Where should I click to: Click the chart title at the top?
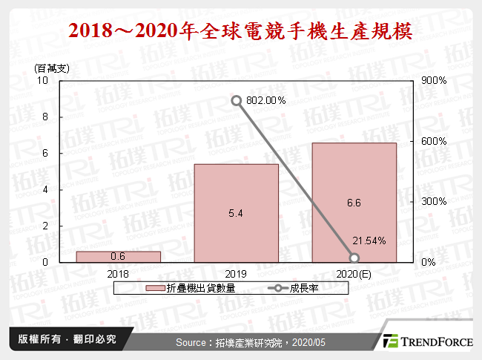click(240, 32)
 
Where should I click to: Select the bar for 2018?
click(118, 256)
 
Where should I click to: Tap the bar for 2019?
click(236, 212)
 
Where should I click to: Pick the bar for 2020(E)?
click(354, 201)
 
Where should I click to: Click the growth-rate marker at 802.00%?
click(236, 100)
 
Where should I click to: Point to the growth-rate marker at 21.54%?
click(354, 258)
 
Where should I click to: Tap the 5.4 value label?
click(236, 214)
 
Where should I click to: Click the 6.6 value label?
click(354, 202)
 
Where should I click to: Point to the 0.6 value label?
click(118, 257)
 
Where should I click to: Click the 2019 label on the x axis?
click(236, 273)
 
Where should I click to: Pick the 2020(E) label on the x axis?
click(354, 273)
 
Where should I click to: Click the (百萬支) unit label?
click(51, 68)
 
